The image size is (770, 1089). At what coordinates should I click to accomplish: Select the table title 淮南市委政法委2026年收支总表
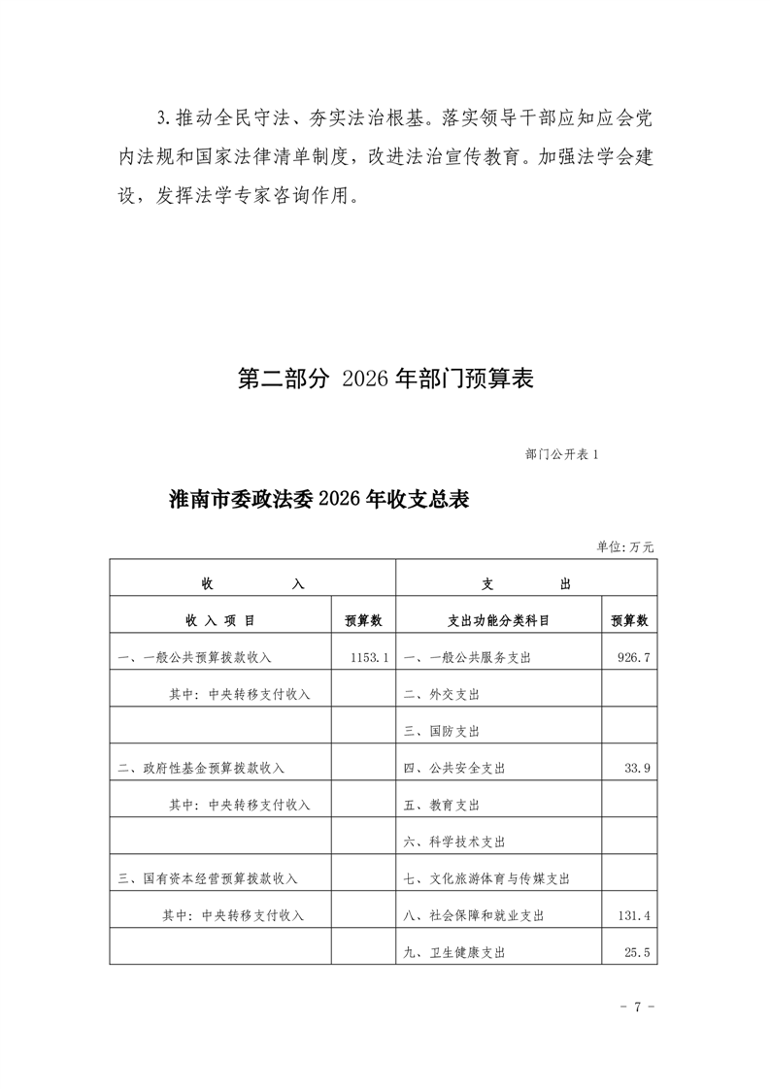click(319, 500)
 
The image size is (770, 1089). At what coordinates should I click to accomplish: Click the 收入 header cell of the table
click(252, 583)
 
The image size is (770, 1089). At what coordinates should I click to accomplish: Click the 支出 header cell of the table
click(525, 583)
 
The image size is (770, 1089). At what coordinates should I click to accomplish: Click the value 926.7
click(633, 657)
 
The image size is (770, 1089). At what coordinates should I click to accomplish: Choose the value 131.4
click(633, 915)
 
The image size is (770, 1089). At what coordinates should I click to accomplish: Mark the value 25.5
click(637, 952)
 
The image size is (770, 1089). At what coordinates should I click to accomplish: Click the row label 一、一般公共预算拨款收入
click(194, 657)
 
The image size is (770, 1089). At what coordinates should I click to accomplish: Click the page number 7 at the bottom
click(638, 1006)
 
